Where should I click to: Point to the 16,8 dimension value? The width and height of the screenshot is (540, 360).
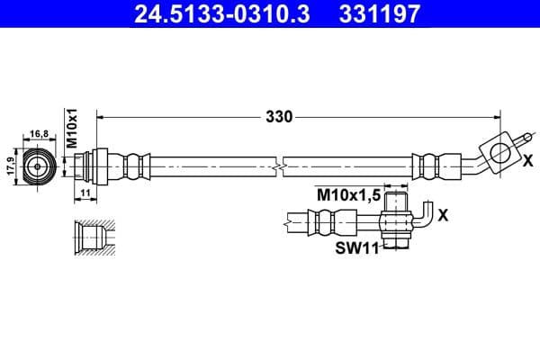(40, 132)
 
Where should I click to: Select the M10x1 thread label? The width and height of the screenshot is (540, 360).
(74, 127)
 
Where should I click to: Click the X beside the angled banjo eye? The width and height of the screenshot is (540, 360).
(527, 161)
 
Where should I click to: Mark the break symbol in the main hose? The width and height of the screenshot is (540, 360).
(282, 166)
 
